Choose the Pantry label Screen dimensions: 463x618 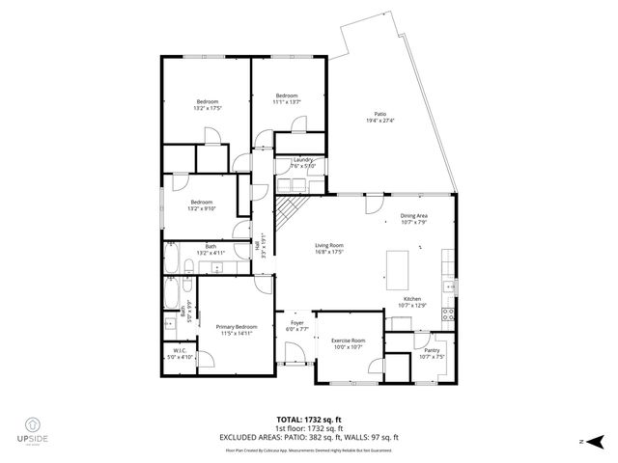[x=432, y=353]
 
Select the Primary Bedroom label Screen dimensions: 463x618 [x=236, y=329]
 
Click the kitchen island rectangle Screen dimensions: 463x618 [x=399, y=265]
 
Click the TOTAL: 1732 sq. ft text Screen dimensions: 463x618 [x=310, y=419]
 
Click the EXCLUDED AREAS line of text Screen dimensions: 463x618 [x=310, y=437]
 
